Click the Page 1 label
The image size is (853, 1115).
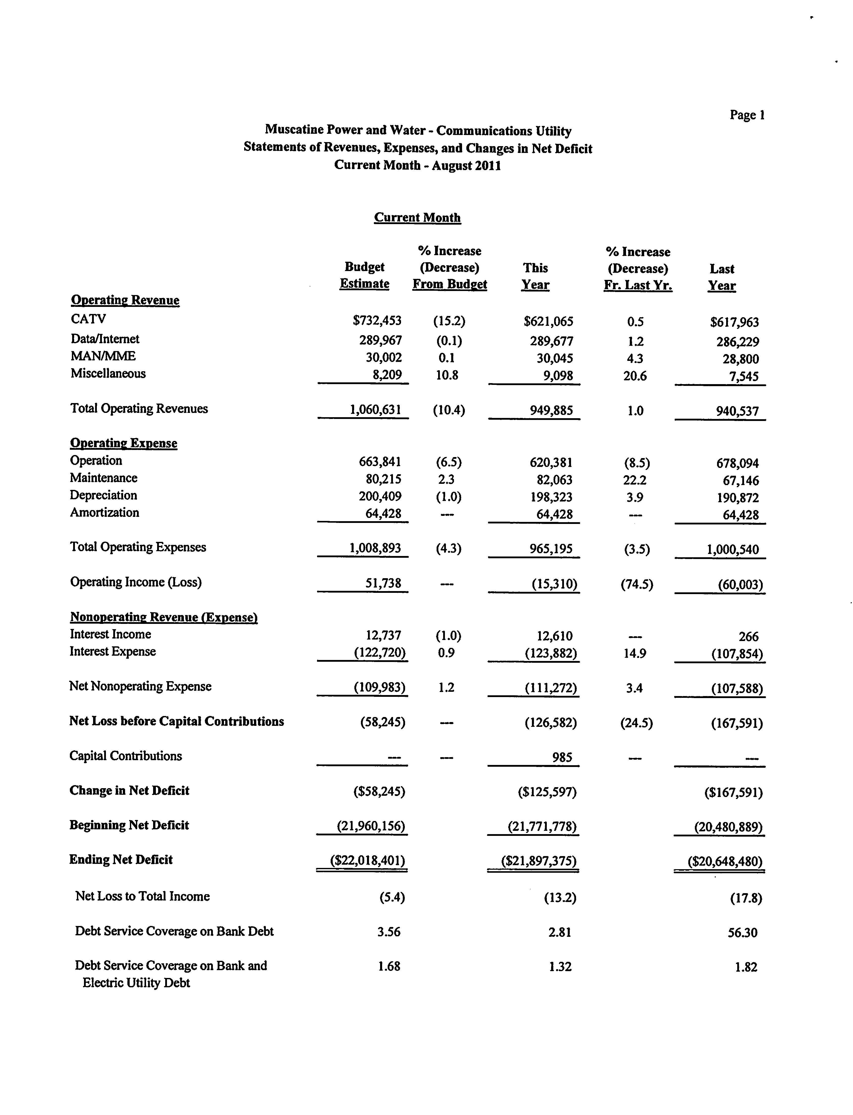point(747,115)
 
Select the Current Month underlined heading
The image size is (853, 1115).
point(417,217)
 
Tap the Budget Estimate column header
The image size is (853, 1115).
point(364,275)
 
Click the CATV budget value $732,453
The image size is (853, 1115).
point(377,321)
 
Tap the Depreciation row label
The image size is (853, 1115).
point(104,495)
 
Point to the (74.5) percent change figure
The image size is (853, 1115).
point(637,585)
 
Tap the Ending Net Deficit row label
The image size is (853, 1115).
point(121,860)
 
